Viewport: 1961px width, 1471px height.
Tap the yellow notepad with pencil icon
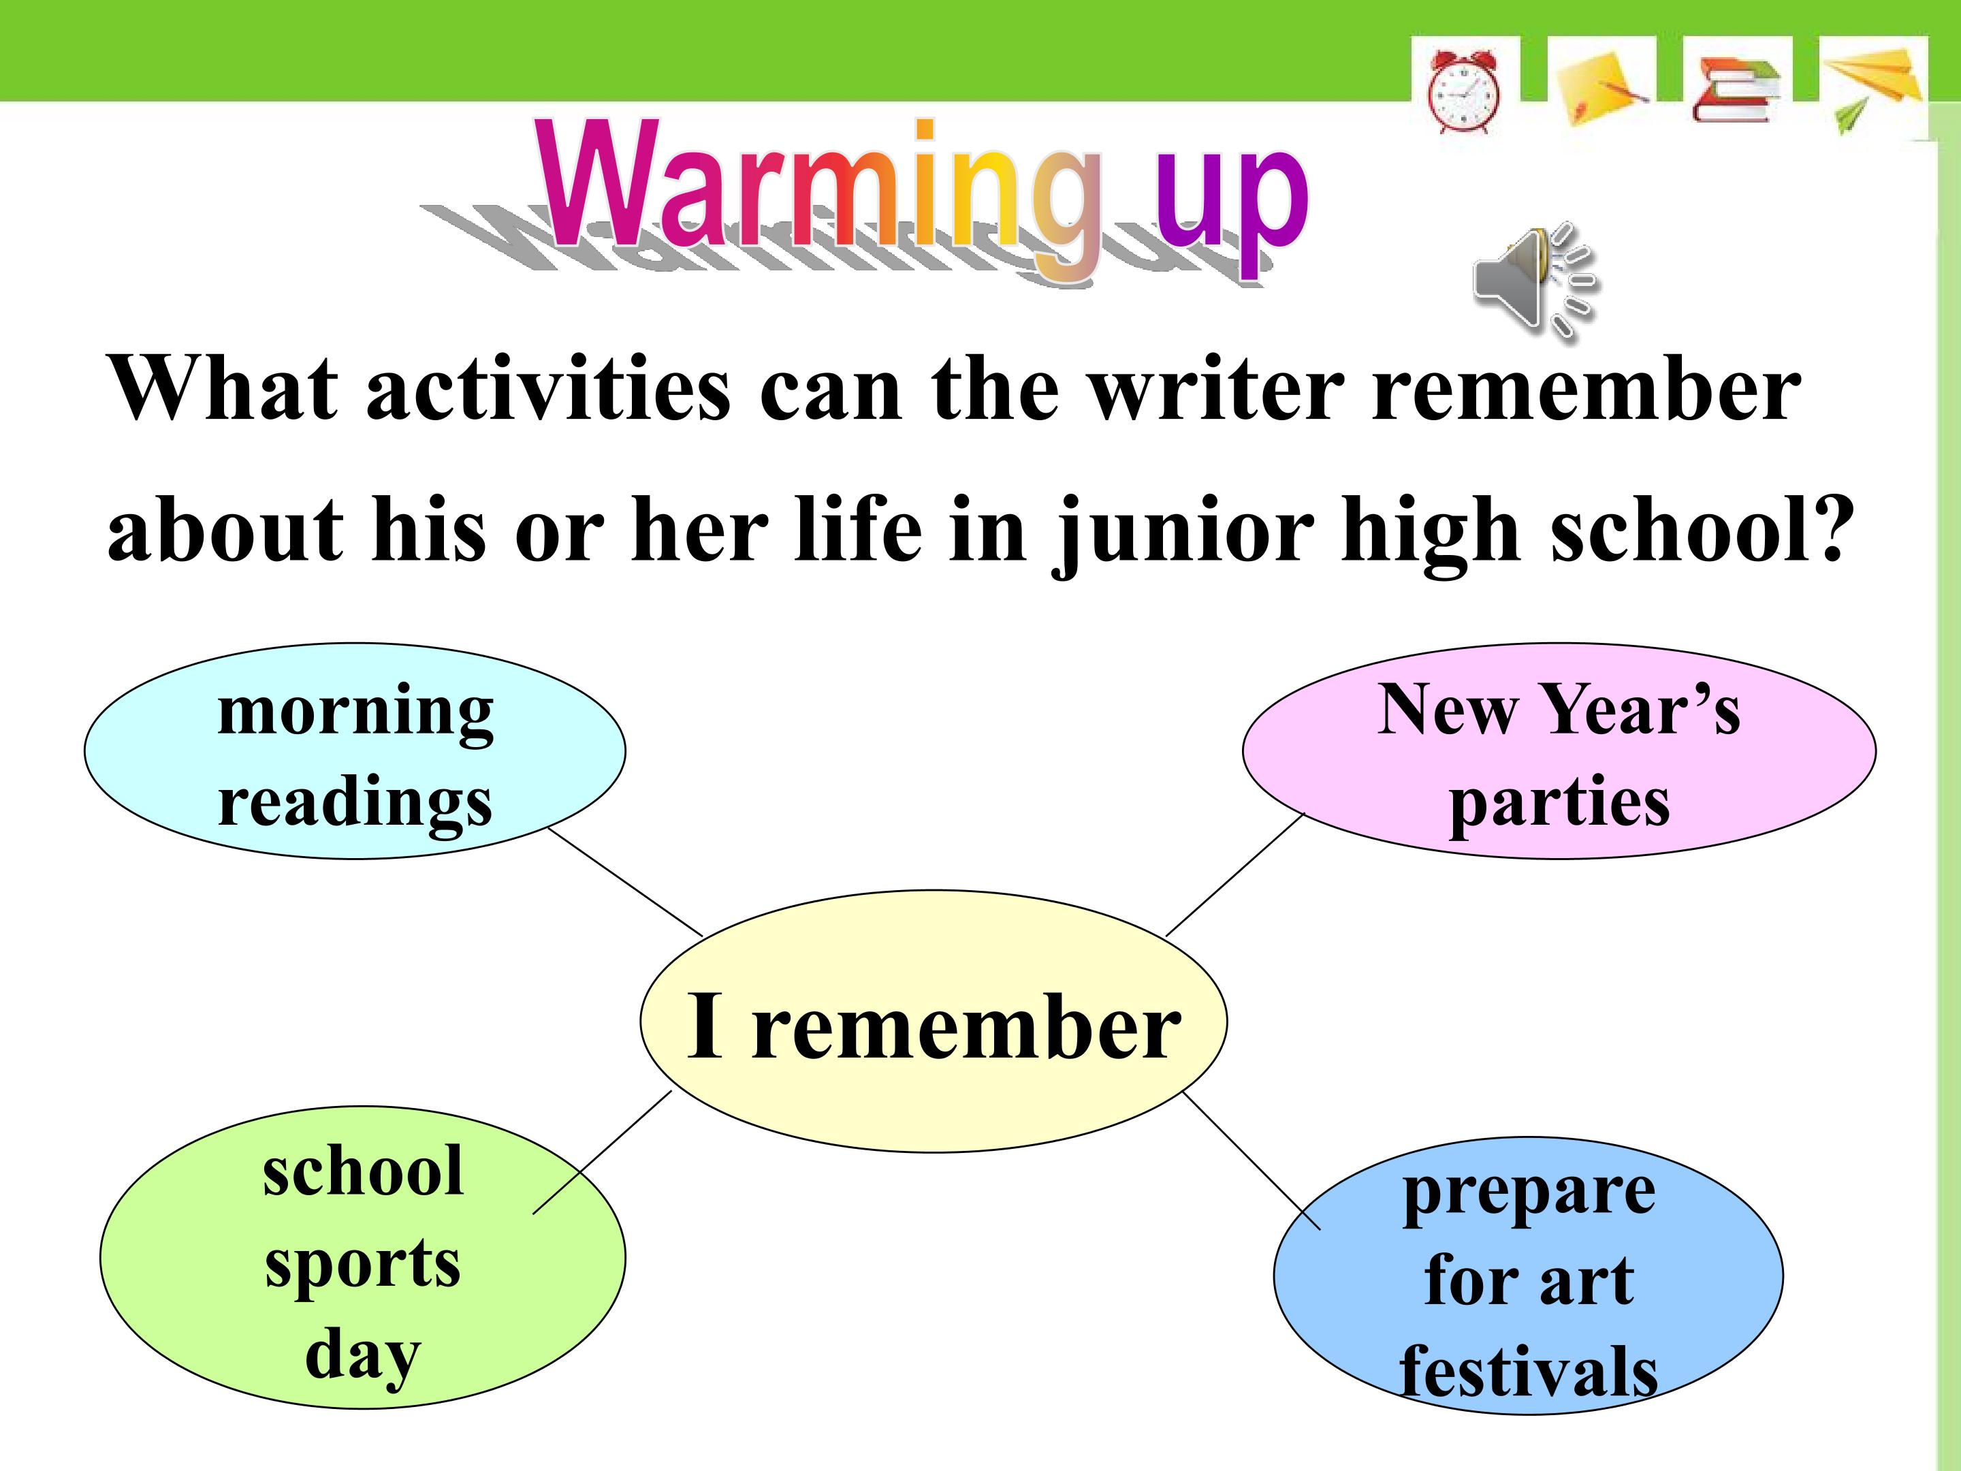pos(1602,88)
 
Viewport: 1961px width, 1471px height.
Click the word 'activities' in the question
pos(549,390)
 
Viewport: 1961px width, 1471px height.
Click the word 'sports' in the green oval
pos(363,1265)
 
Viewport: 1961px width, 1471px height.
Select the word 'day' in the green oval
pos(363,1355)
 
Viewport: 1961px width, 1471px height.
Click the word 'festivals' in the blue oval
pos(1529,1371)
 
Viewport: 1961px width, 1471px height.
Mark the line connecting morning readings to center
pos(625,881)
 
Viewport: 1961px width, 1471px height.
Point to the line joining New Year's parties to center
pos(1236,874)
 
